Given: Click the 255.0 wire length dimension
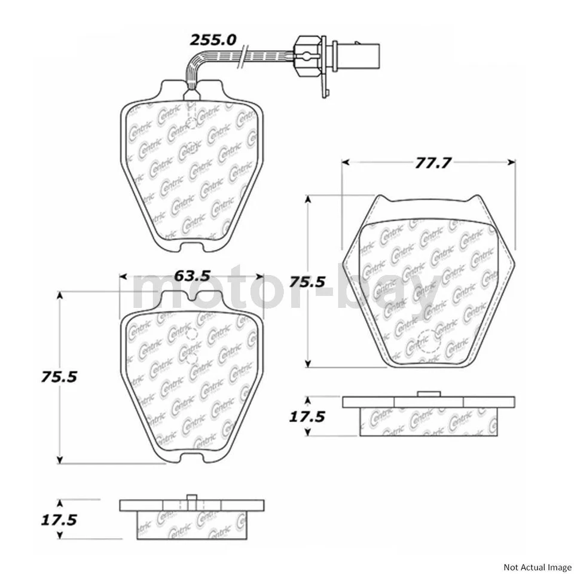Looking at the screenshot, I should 213,40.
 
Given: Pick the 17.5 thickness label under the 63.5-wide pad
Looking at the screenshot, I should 59,519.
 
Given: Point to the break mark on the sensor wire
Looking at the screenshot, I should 242,59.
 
